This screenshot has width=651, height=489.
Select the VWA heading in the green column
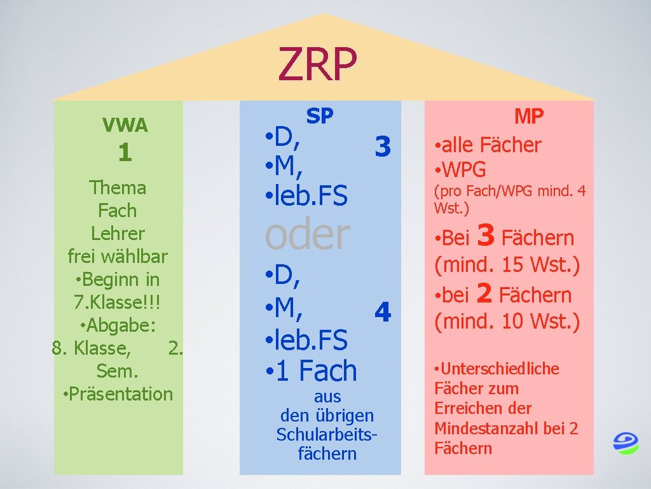[125, 125]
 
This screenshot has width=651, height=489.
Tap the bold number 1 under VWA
[125, 153]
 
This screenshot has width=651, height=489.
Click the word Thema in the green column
[118, 188]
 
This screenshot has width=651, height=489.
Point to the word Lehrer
[118, 233]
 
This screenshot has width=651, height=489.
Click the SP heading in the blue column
[320, 116]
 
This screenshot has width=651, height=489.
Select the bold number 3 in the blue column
[382, 146]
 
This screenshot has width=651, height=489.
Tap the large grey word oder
[307, 234]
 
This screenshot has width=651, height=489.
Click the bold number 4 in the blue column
[382, 313]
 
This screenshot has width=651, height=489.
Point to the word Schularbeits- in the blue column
[327, 434]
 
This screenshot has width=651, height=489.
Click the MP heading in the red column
[529, 117]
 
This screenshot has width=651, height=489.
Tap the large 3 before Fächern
[486, 236]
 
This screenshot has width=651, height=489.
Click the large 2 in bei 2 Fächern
[484, 294]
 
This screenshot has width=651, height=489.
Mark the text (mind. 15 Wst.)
[507, 264]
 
